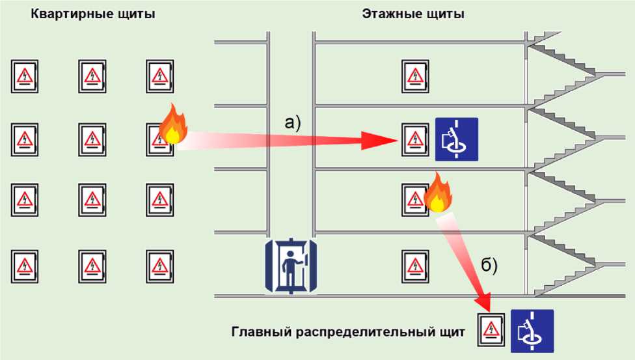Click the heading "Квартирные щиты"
click(93, 14)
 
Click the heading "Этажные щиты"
click(413, 14)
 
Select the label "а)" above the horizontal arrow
click(293, 122)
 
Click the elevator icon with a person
click(291, 266)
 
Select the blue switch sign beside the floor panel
click(456, 139)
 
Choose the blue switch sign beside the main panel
click(532, 330)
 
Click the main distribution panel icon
click(491, 330)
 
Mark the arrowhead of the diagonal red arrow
click(483, 303)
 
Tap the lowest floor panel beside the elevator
click(414, 265)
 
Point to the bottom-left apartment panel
click(25, 266)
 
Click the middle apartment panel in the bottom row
click(92, 266)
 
